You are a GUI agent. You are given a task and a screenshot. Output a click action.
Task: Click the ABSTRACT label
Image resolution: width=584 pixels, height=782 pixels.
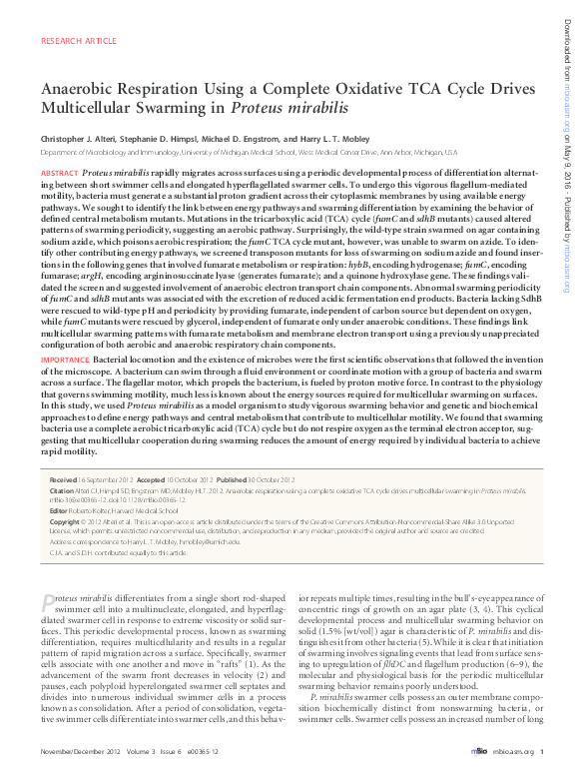(59, 174)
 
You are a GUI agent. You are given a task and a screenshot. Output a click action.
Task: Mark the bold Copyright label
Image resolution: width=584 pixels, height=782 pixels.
(64, 521)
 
